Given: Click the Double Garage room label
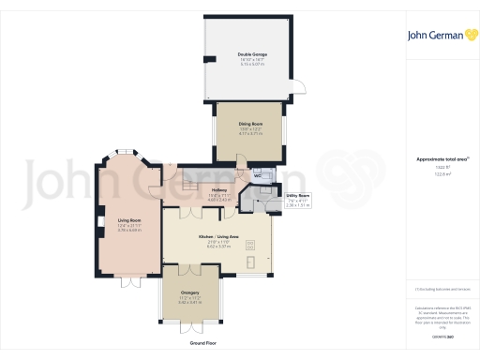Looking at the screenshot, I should click(251, 54).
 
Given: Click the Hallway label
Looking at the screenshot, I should click(218, 190).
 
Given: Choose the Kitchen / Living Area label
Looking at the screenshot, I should click(217, 237).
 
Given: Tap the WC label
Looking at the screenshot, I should click(257, 175).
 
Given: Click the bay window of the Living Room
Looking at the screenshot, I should click(122, 155).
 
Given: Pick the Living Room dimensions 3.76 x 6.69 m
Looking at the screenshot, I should click(116, 231).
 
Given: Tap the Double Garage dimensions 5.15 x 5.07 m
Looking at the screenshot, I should click(251, 66).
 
